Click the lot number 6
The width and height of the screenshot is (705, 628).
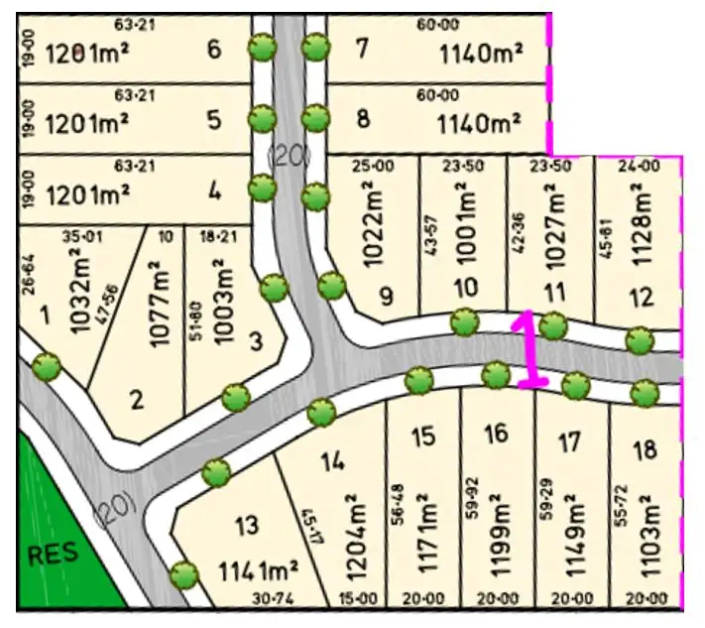tap(214, 49)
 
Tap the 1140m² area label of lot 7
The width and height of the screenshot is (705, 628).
tap(481, 53)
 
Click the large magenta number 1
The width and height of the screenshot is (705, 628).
tap(530, 349)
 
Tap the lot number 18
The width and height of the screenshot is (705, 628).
tap(645, 449)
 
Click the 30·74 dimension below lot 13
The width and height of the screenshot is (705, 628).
tap(248, 598)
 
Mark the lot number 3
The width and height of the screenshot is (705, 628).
tap(256, 342)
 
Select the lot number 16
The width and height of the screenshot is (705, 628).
tap(496, 433)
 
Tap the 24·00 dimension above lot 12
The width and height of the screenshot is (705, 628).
tap(639, 166)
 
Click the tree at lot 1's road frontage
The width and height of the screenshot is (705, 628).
tap(46, 367)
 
